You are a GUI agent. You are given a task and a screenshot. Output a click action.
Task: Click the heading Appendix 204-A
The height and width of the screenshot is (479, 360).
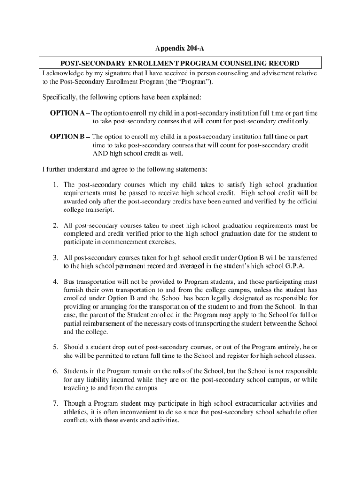click(180, 48)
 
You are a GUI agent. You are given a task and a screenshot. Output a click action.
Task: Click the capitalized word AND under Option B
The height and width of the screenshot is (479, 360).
click(100, 153)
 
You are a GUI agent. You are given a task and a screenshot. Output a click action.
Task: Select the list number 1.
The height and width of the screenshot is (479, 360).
click(55, 185)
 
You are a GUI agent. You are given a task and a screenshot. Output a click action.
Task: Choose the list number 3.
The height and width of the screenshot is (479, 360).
click(55, 258)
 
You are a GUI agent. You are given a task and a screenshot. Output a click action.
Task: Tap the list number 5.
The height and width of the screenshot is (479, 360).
click(55, 347)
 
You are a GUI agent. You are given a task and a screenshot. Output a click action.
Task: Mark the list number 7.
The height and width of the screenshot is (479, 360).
click(55, 404)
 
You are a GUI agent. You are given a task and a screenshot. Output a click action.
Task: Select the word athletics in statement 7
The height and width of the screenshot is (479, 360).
click(77, 412)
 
